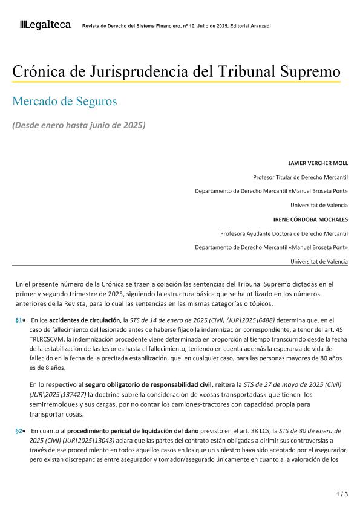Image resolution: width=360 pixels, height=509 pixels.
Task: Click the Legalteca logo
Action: (x=45, y=25)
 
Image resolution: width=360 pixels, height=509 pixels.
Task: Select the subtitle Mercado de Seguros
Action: (x=65, y=101)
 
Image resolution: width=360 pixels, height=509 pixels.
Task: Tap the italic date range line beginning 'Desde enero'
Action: (x=79, y=125)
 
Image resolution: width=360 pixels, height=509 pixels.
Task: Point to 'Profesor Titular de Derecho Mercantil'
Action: (x=300, y=177)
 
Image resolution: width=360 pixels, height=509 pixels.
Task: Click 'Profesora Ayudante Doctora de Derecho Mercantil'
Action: (x=284, y=233)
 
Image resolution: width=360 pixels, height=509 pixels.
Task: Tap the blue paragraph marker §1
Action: (x=19, y=319)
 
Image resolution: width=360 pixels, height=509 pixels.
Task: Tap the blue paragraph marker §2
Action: (x=19, y=431)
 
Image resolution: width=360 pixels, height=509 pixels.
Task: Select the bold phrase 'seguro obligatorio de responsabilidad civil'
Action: (x=149, y=384)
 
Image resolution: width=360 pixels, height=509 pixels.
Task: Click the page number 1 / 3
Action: (x=342, y=494)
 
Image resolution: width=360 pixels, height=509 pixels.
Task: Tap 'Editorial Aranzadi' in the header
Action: (x=250, y=26)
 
